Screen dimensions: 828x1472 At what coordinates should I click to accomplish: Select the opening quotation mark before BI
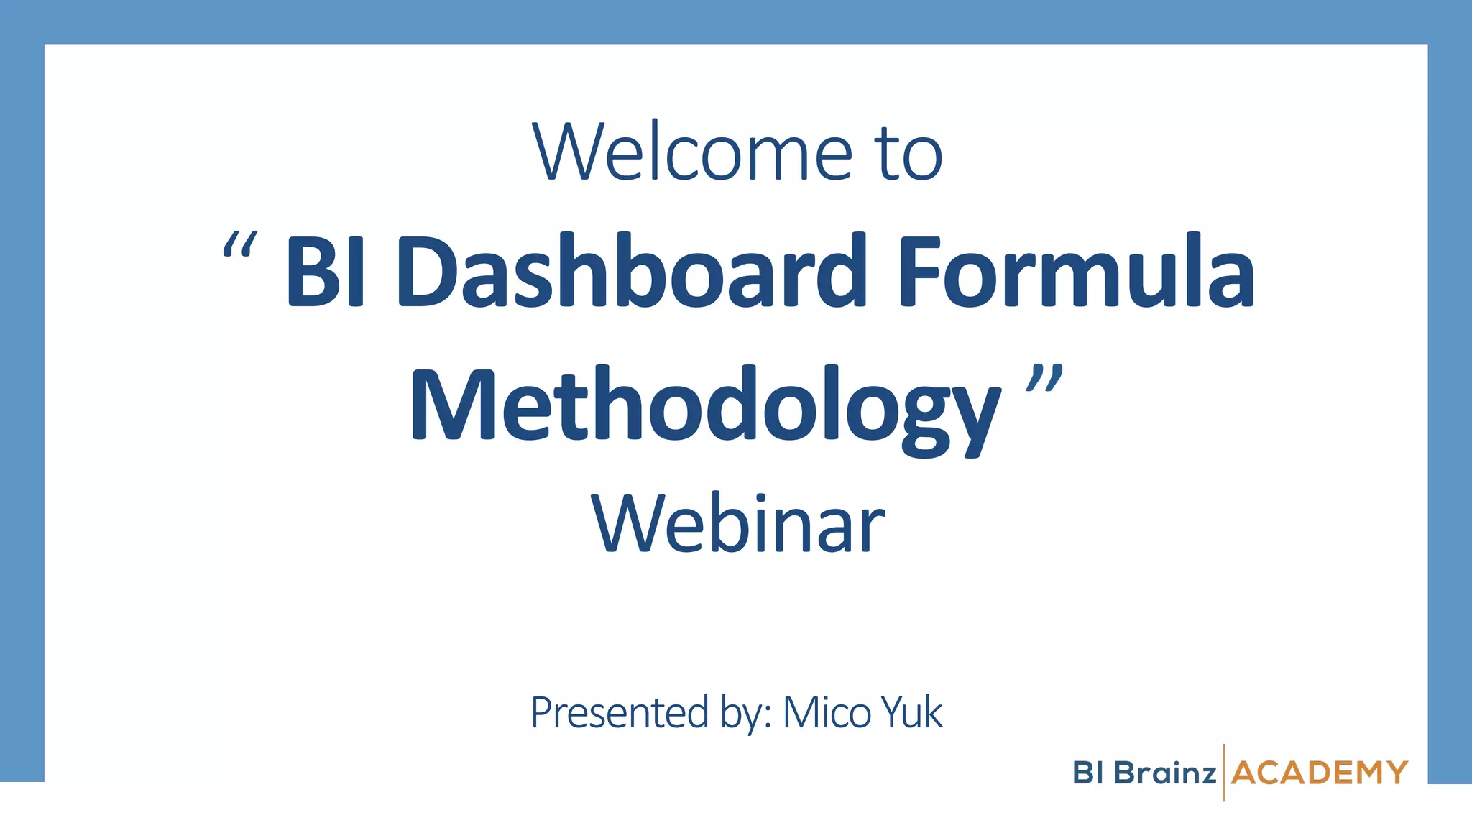click(x=239, y=245)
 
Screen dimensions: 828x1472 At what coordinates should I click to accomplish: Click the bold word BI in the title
click(x=326, y=272)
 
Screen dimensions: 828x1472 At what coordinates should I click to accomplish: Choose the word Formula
click(x=1075, y=272)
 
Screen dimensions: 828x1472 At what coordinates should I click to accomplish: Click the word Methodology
click(x=705, y=406)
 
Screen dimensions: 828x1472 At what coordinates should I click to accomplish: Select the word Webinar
click(x=738, y=525)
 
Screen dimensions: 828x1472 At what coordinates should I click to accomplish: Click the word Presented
click(x=620, y=713)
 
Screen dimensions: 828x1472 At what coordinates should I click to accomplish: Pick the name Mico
click(x=827, y=713)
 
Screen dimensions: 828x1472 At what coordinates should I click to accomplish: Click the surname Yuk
click(x=911, y=713)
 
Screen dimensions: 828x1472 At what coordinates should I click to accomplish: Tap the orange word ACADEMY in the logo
click(x=1319, y=773)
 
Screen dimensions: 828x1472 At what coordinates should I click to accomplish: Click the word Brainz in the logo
click(x=1165, y=773)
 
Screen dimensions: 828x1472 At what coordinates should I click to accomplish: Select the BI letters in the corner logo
click(x=1088, y=773)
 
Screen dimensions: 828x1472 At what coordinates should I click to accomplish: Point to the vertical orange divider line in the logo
click(x=1224, y=773)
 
